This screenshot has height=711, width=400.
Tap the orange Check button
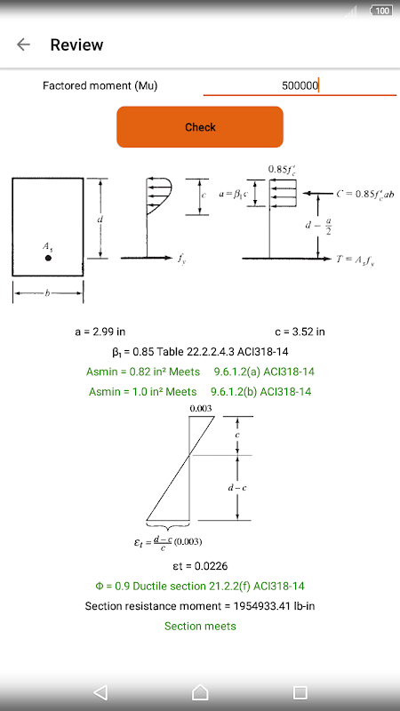pyautogui.click(x=200, y=127)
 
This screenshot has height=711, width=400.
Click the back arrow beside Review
pyautogui.click(x=23, y=44)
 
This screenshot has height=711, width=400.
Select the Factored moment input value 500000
pyautogui.click(x=300, y=85)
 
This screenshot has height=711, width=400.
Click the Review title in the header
pyautogui.click(x=76, y=45)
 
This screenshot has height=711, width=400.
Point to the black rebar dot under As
pyautogui.click(x=48, y=258)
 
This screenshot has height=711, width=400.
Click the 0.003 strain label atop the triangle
pyautogui.click(x=201, y=409)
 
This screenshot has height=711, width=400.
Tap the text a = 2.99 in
pyautogui.click(x=100, y=332)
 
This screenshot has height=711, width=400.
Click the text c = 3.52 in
pyautogui.click(x=300, y=332)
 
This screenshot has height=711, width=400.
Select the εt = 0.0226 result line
pyautogui.click(x=200, y=566)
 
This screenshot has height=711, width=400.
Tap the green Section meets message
pyautogui.click(x=200, y=627)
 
